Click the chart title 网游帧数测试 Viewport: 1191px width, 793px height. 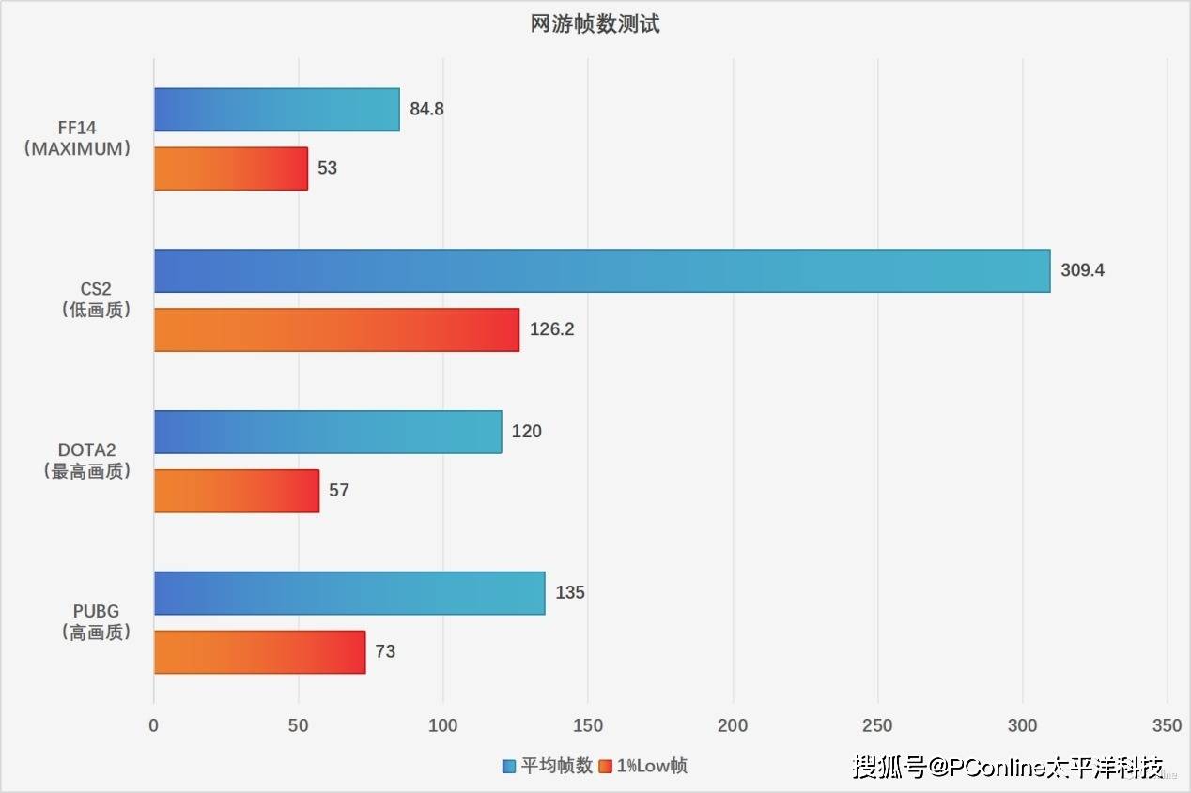coord(595,24)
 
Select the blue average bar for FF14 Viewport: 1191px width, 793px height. coord(276,109)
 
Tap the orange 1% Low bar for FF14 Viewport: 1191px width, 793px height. coord(230,168)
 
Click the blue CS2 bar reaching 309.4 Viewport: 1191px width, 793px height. coord(601,270)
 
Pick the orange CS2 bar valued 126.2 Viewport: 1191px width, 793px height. coord(336,329)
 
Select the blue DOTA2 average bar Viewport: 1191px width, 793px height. coord(327,432)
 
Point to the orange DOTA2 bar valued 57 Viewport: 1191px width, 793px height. coord(236,491)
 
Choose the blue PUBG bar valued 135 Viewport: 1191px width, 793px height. coord(348,593)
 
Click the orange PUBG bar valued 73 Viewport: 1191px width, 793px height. coord(259,651)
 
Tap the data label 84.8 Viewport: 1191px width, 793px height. coord(426,109)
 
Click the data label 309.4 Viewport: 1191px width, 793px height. coord(1083,270)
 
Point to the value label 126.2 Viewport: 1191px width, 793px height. coord(551,329)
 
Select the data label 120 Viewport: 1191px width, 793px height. coord(527,432)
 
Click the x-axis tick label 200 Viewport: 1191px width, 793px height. coord(733,725)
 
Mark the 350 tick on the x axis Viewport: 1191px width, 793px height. coord(1167,725)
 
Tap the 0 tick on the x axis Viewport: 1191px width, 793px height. coord(154,725)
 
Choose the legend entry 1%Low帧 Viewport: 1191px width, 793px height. coord(651,766)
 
